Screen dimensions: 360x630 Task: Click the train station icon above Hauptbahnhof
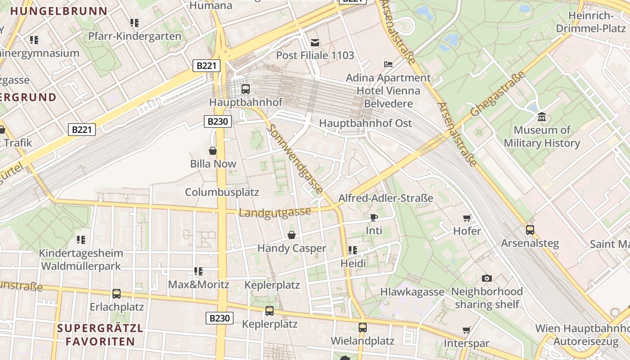click(x=245, y=89)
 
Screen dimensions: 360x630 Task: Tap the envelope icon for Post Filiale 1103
click(x=315, y=42)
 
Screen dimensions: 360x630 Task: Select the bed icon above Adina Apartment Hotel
click(x=388, y=64)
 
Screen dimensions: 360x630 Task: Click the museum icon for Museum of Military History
click(x=542, y=117)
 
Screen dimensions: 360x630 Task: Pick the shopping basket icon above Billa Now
click(x=213, y=150)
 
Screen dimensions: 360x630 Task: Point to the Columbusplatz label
click(x=222, y=192)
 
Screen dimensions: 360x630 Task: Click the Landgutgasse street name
click(x=274, y=212)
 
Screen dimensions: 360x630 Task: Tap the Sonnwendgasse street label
click(x=295, y=159)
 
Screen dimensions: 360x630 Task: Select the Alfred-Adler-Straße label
click(x=386, y=198)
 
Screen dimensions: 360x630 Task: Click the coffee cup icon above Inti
click(x=373, y=218)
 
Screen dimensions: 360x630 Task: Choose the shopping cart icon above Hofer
click(x=467, y=218)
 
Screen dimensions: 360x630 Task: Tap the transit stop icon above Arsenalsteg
click(x=530, y=230)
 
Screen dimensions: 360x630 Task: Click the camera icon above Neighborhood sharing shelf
click(x=486, y=278)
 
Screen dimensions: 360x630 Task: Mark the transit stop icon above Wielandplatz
click(x=362, y=328)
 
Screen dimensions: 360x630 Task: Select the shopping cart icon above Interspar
click(x=467, y=330)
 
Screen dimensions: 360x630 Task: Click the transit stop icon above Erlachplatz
click(x=117, y=294)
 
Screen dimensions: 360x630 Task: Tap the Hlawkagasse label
click(x=412, y=292)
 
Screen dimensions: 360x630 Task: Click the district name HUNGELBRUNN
click(x=58, y=11)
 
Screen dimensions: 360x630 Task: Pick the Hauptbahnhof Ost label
click(x=365, y=123)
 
